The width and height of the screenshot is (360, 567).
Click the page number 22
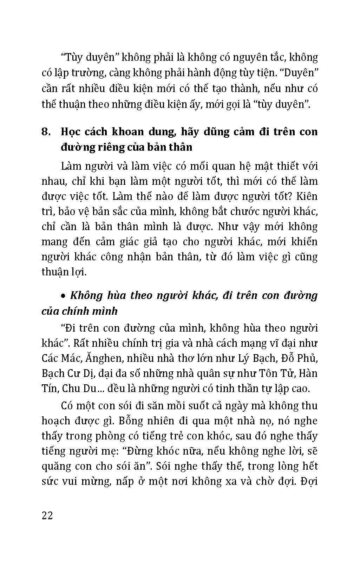pyautogui.click(x=47, y=516)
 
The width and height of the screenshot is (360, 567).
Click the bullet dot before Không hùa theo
pyautogui.click(x=63, y=296)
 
